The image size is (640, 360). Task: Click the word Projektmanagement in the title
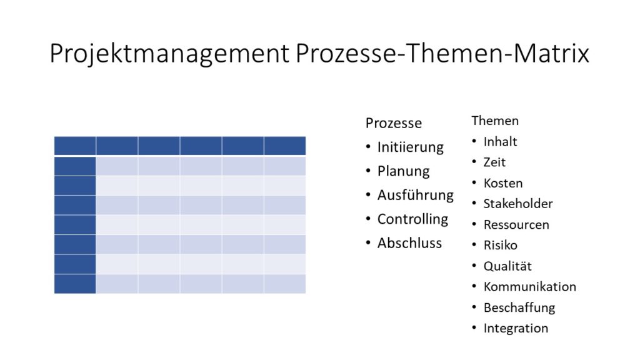coord(169,54)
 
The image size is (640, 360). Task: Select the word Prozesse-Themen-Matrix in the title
coord(442,53)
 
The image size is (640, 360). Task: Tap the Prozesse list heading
coord(394,123)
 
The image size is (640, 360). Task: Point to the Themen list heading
coord(495,121)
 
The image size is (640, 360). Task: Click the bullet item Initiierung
coord(410,147)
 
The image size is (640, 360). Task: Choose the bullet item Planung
coord(403,171)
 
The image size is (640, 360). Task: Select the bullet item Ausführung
coord(416,195)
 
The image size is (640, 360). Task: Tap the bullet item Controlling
coord(412,219)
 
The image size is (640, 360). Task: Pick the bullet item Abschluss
coord(409,243)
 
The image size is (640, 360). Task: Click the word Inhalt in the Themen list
coord(500,142)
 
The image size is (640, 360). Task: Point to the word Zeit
coord(494,162)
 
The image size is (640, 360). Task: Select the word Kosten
coord(503,183)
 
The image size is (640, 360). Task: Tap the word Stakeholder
coord(518,204)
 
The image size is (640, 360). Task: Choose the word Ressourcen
coord(516,225)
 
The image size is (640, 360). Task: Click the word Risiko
coord(501,245)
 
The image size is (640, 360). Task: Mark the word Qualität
coord(507,266)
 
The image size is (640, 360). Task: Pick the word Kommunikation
coord(530,286)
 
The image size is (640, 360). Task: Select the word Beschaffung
coord(519,307)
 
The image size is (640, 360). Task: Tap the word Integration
coord(516,328)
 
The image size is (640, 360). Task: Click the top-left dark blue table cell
coord(75,146)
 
